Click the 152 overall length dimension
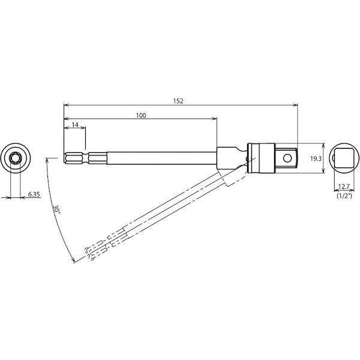(x=178, y=101)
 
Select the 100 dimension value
(x=141, y=115)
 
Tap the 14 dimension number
(x=75, y=125)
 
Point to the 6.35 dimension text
(x=34, y=194)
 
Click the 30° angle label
(x=56, y=209)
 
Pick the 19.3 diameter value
(x=316, y=158)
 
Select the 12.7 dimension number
(x=344, y=187)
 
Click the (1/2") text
(x=344, y=196)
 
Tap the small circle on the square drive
(x=287, y=158)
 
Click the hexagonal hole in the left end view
(x=16, y=158)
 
